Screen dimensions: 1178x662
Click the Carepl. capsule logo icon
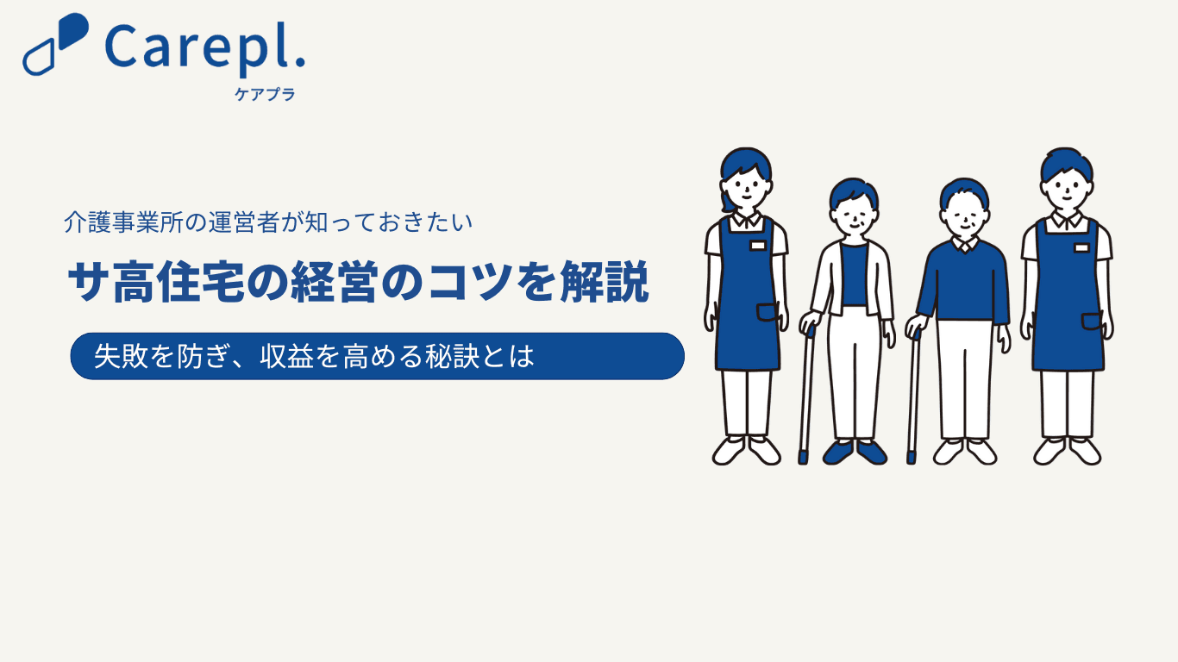point(55,44)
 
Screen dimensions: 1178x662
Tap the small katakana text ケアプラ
point(265,94)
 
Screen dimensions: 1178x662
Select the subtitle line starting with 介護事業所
point(268,222)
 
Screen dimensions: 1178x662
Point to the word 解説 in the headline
point(605,282)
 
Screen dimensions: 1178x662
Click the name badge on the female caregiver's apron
point(757,246)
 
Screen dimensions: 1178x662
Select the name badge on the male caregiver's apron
point(1081,247)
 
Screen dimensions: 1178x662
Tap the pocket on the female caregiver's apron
point(768,312)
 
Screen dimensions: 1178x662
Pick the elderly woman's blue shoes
point(855,453)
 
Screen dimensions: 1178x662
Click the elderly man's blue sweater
point(963,281)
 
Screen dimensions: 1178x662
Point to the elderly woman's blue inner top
point(854,274)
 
